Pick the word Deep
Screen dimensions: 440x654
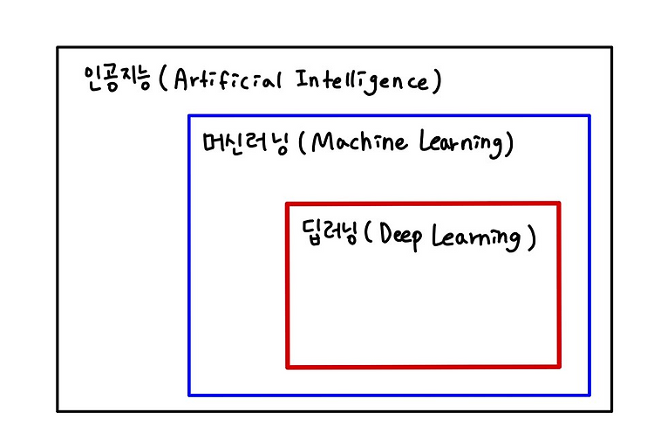pyautogui.click(x=400, y=237)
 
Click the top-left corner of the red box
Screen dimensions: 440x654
pyautogui.click(x=288, y=204)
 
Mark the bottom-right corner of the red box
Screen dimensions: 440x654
pyautogui.click(x=558, y=366)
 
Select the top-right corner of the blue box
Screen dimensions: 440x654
pyautogui.click(x=589, y=115)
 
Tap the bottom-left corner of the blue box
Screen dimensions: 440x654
pyautogui.click(x=189, y=395)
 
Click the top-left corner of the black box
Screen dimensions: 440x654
pyautogui.click(x=58, y=47)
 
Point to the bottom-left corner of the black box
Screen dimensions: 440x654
pyautogui.click(x=58, y=410)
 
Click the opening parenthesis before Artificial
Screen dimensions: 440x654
pyautogui.click(x=164, y=80)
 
